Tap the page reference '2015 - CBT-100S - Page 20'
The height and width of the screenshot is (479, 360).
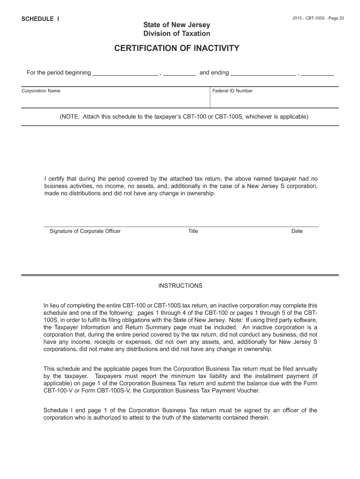point(318,18)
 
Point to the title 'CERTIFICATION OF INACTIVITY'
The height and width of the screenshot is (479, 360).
point(177,48)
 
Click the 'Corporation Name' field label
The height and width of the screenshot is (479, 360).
point(41,91)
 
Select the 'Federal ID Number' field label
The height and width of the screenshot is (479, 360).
point(232,91)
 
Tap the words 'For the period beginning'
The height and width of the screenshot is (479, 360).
point(58,73)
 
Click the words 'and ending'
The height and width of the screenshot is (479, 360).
point(214,73)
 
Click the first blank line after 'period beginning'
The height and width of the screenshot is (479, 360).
point(125,74)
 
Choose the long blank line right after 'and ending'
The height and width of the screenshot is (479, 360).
point(263,74)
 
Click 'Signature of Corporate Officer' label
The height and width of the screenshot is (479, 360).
point(85,231)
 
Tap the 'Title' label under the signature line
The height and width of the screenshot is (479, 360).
point(193,231)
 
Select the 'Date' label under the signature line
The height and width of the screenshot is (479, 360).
point(297,231)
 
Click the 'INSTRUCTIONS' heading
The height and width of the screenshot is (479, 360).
point(180,285)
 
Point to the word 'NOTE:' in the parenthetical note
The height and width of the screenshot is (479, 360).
point(70,116)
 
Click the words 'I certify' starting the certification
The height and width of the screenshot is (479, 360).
point(55,179)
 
